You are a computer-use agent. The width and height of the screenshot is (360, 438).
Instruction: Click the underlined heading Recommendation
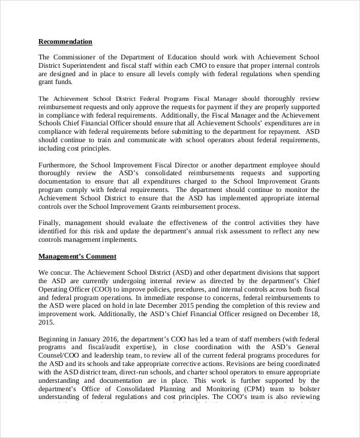(65, 41)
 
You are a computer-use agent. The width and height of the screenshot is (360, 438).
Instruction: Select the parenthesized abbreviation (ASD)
(182, 272)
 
